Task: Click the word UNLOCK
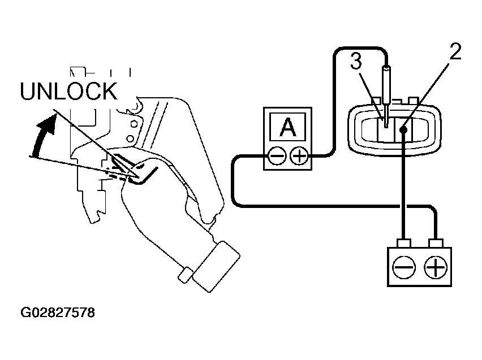[x=68, y=91]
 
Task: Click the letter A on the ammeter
[x=288, y=128]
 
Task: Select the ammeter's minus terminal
[x=277, y=156]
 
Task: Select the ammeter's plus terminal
[x=299, y=156]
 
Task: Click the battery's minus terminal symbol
[x=404, y=267]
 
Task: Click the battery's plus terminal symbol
[x=435, y=267]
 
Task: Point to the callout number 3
[x=356, y=61]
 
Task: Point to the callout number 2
[x=455, y=51]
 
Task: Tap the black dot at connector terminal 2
[x=403, y=129]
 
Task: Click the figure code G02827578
[x=58, y=313]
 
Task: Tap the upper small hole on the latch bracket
[x=134, y=124]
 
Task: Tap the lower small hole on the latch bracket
[x=130, y=138]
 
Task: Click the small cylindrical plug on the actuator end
[x=186, y=275]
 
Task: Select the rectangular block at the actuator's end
[x=216, y=267]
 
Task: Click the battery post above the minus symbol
[x=404, y=243]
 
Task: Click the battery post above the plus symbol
[x=436, y=243]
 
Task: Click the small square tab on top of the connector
[x=412, y=101]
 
